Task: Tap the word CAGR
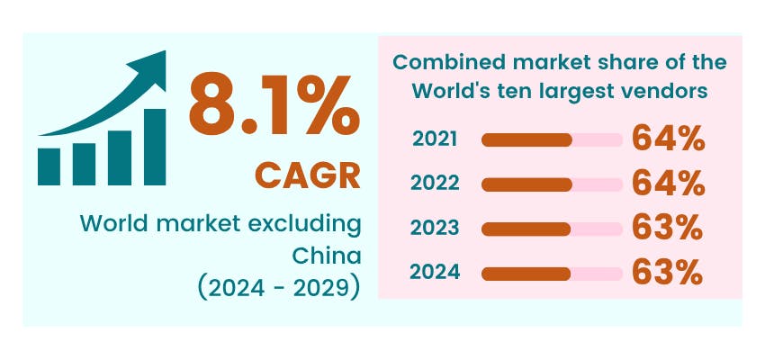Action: [x=307, y=175]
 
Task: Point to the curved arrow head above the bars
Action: [x=150, y=67]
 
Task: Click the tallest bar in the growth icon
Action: [x=154, y=146]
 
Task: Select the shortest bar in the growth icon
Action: [x=49, y=166]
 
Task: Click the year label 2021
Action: [x=435, y=139]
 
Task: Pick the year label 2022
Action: [x=435, y=184]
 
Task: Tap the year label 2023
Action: [x=435, y=229]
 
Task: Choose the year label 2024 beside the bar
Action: [x=435, y=272]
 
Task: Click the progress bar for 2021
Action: [x=552, y=139]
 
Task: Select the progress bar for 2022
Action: [x=552, y=184]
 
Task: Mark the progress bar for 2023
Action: [x=552, y=229]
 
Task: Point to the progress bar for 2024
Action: [x=552, y=273]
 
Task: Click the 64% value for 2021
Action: [x=667, y=139]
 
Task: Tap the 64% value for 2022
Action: [x=667, y=184]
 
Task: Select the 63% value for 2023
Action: [x=667, y=229]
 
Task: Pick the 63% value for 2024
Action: [x=667, y=273]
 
